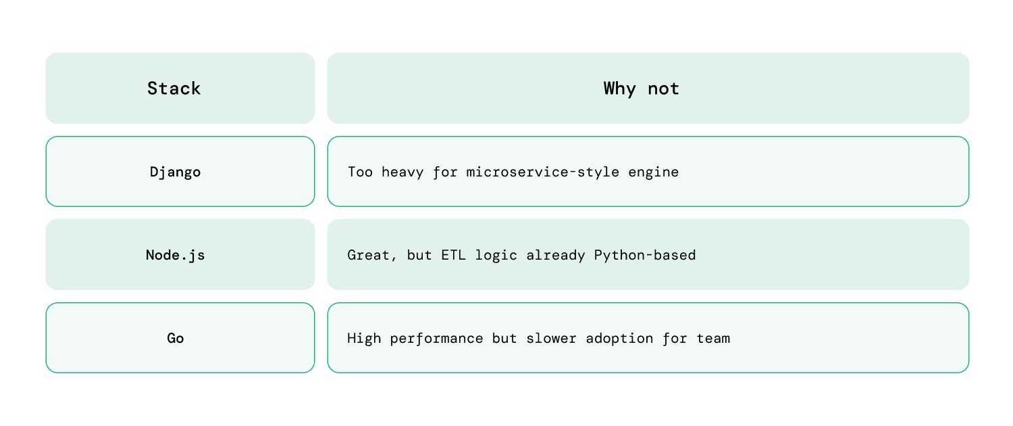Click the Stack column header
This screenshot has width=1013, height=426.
tap(174, 89)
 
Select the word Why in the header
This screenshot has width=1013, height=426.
tap(620, 89)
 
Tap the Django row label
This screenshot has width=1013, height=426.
tap(176, 172)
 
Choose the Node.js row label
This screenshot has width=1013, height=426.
tap(176, 255)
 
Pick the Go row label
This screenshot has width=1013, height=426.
tap(176, 338)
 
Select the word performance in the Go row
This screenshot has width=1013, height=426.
tap(437, 338)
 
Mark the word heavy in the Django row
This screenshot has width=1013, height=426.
tap(402, 172)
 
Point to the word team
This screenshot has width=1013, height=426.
tap(714, 338)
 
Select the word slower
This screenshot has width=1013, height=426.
tap(543, 338)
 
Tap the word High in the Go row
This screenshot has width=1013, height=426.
tap(364, 338)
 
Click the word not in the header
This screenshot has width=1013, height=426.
tap(663, 89)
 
